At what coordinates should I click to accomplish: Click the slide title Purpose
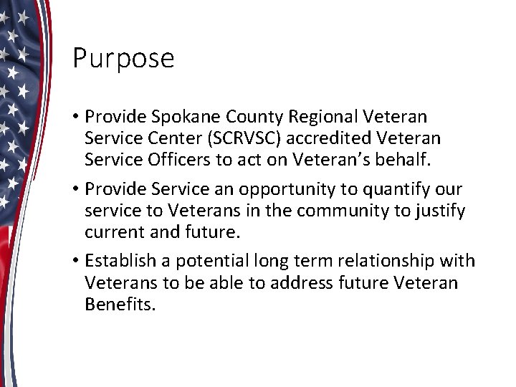point(123,59)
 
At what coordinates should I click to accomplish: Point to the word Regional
point(327,115)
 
